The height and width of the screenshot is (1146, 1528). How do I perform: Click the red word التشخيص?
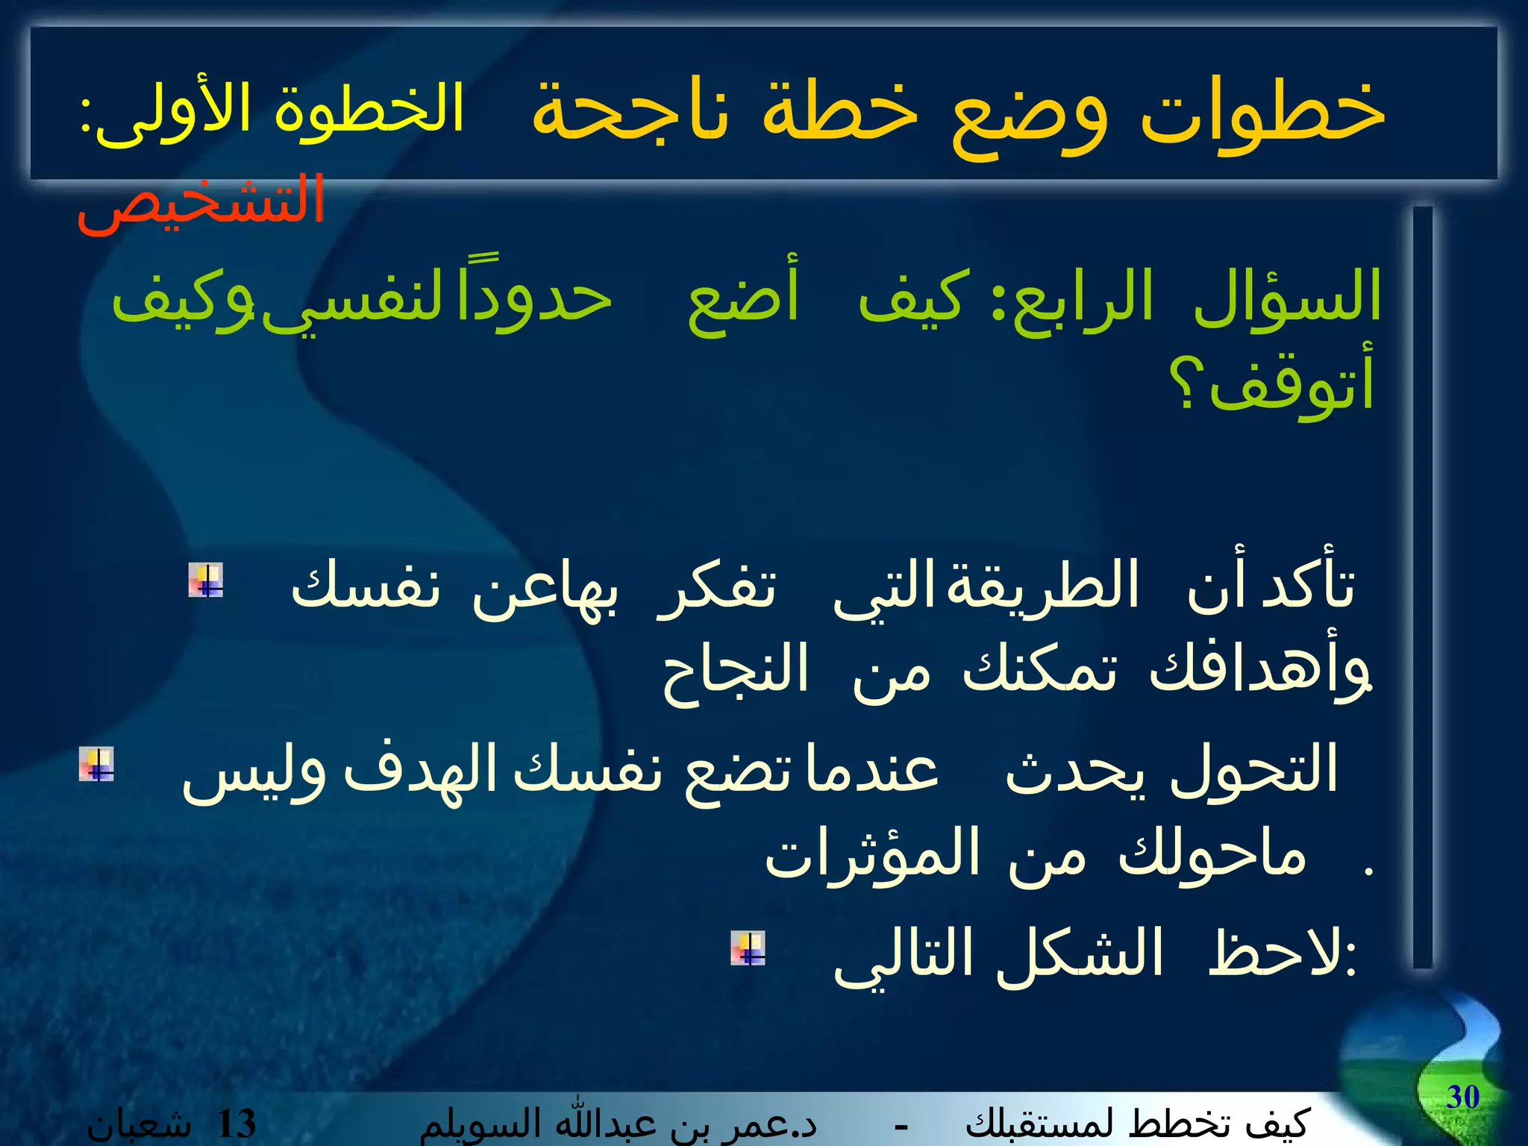[200, 201]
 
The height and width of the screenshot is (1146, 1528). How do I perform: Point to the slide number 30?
[1462, 1097]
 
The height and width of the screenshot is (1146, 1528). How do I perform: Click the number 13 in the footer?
[235, 1124]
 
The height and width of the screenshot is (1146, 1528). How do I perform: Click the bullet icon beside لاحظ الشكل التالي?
[748, 948]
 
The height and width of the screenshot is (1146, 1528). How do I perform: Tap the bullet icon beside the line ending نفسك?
[205, 580]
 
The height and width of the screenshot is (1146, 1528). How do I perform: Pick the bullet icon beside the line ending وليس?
[96, 764]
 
